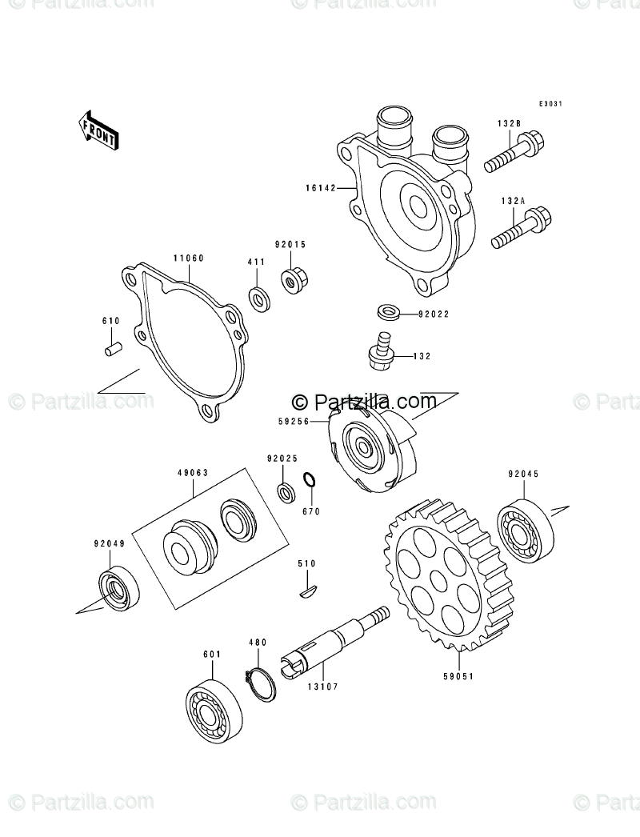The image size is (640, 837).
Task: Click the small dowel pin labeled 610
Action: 113,349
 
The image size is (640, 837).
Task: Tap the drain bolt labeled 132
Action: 382,352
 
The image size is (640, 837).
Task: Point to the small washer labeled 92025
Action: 284,490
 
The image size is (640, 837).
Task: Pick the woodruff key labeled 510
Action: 305,591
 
